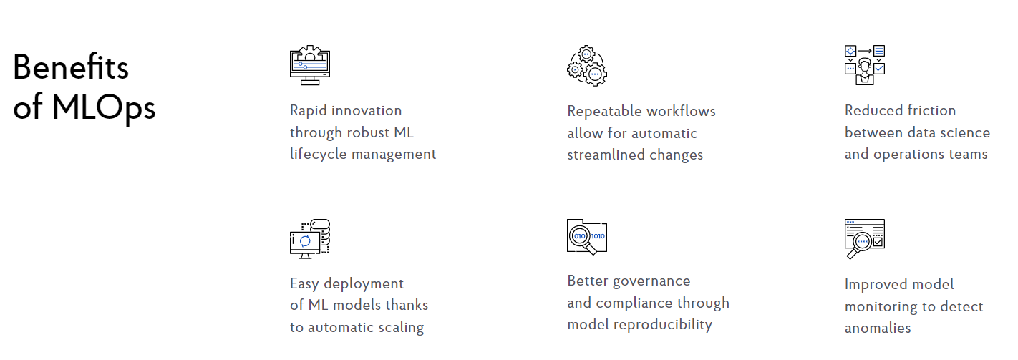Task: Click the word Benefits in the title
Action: click(71, 67)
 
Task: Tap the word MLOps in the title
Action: click(104, 108)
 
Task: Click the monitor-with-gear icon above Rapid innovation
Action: click(310, 65)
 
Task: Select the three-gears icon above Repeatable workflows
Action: click(587, 65)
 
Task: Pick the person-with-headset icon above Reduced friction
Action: click(864, 65)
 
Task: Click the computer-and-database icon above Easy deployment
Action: click(310, 239)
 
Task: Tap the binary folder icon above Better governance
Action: click(587, 237)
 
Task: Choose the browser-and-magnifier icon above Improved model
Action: click(864, 239)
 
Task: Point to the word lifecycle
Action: click(319, 155)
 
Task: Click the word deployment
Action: click(364, 284)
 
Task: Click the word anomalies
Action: click(878, 329)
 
